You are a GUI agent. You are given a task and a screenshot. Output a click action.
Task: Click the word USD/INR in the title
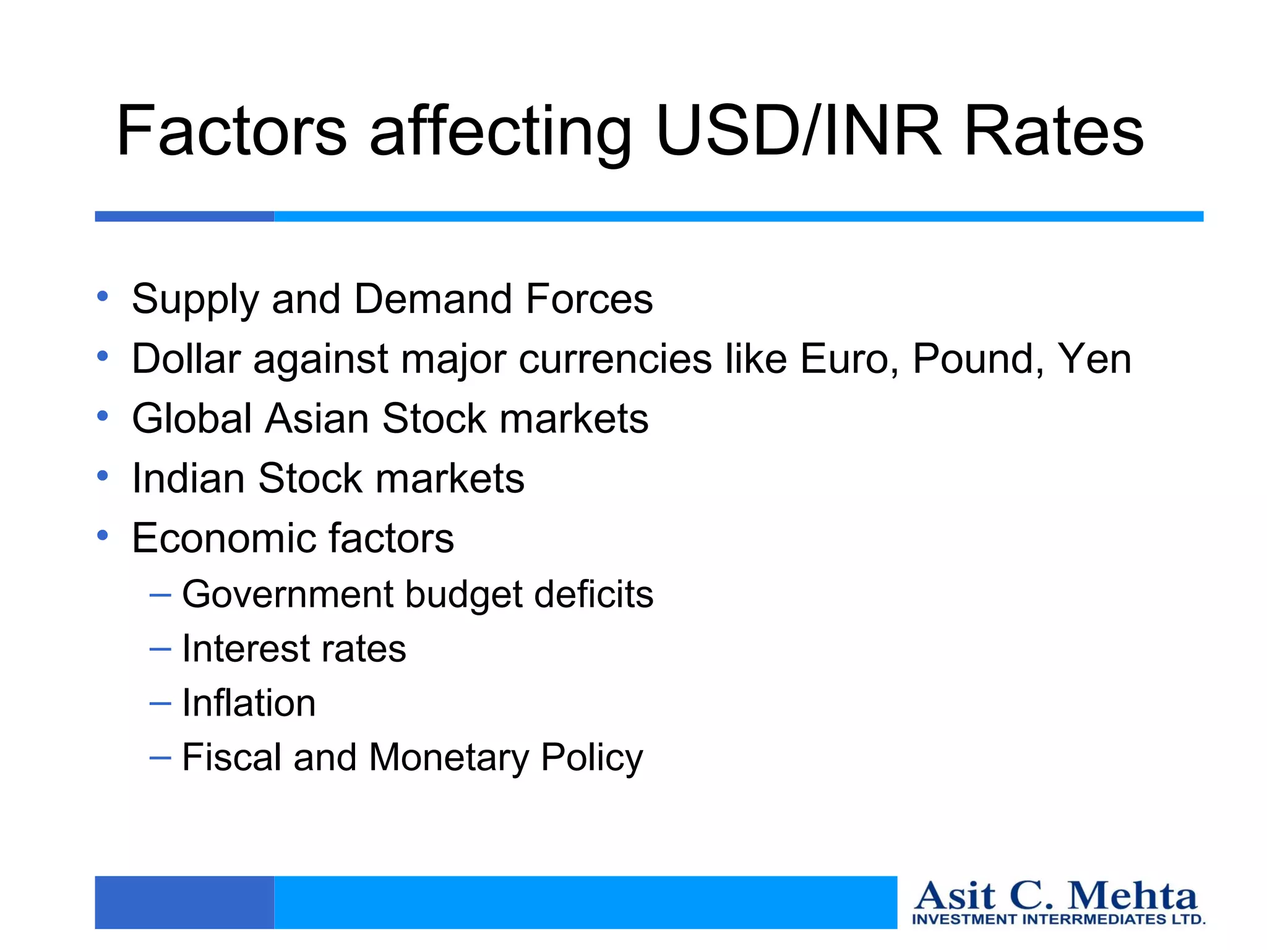coord(798,131)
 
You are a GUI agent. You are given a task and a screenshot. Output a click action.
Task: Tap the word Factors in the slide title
coord(231,131)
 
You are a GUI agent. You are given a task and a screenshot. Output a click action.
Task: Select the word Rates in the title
coord(1054,131)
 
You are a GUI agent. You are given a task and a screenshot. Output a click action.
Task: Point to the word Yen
coord(1094,359)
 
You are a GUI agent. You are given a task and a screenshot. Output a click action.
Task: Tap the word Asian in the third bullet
coord(316,419)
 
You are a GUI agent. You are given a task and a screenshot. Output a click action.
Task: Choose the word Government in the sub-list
coord(287,594)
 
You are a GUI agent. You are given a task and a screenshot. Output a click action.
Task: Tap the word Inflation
coord(249,703)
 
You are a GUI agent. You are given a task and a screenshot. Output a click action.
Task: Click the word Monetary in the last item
coord(449,758)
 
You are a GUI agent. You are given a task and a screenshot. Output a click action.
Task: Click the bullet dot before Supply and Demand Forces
coord(103,296)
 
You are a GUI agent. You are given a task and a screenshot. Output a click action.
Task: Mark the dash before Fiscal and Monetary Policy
coord(160,757)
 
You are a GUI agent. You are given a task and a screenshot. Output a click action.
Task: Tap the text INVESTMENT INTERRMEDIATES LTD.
coord(1059,920)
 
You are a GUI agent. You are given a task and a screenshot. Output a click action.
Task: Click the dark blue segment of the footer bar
coord(184,902)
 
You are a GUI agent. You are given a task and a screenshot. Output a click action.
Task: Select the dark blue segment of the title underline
coord(184,216)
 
